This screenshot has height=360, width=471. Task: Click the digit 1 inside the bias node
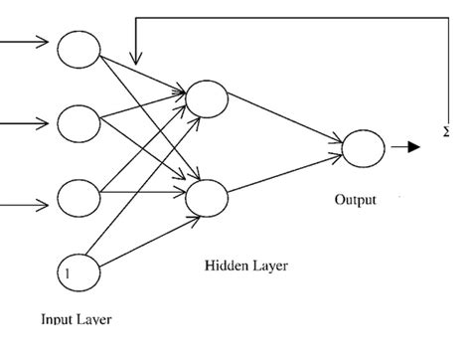68,270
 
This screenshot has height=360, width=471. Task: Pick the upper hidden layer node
207,97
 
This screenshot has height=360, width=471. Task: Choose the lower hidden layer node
207,197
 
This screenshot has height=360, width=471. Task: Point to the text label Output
355,201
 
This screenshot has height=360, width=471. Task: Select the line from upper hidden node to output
284,122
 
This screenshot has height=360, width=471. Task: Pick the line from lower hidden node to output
284,172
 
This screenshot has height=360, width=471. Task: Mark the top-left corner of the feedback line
136,17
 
